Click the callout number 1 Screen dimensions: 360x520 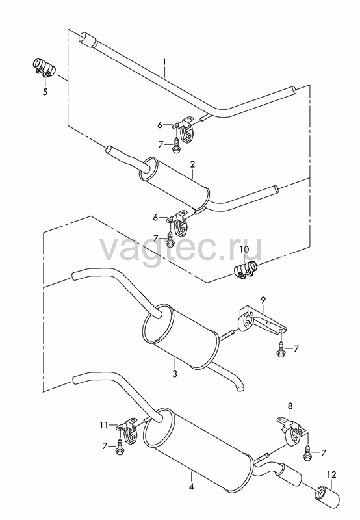pos(164,62)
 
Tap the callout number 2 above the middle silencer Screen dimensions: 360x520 pos(192,164)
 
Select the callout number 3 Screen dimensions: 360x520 pos(175,374)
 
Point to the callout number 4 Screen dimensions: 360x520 pos(191,487)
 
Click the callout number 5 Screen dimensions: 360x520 pos(45,92)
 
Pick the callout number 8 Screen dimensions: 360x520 pos(290,406)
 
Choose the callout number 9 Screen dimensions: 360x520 pos(263,300)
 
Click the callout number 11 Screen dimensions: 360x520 pos(104,425)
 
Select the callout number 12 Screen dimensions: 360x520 pos(332,475)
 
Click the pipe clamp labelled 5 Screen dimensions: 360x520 pos(44,67)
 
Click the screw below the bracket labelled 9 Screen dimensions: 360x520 pos(281,349)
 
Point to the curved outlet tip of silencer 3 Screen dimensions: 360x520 pos(239,385)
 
